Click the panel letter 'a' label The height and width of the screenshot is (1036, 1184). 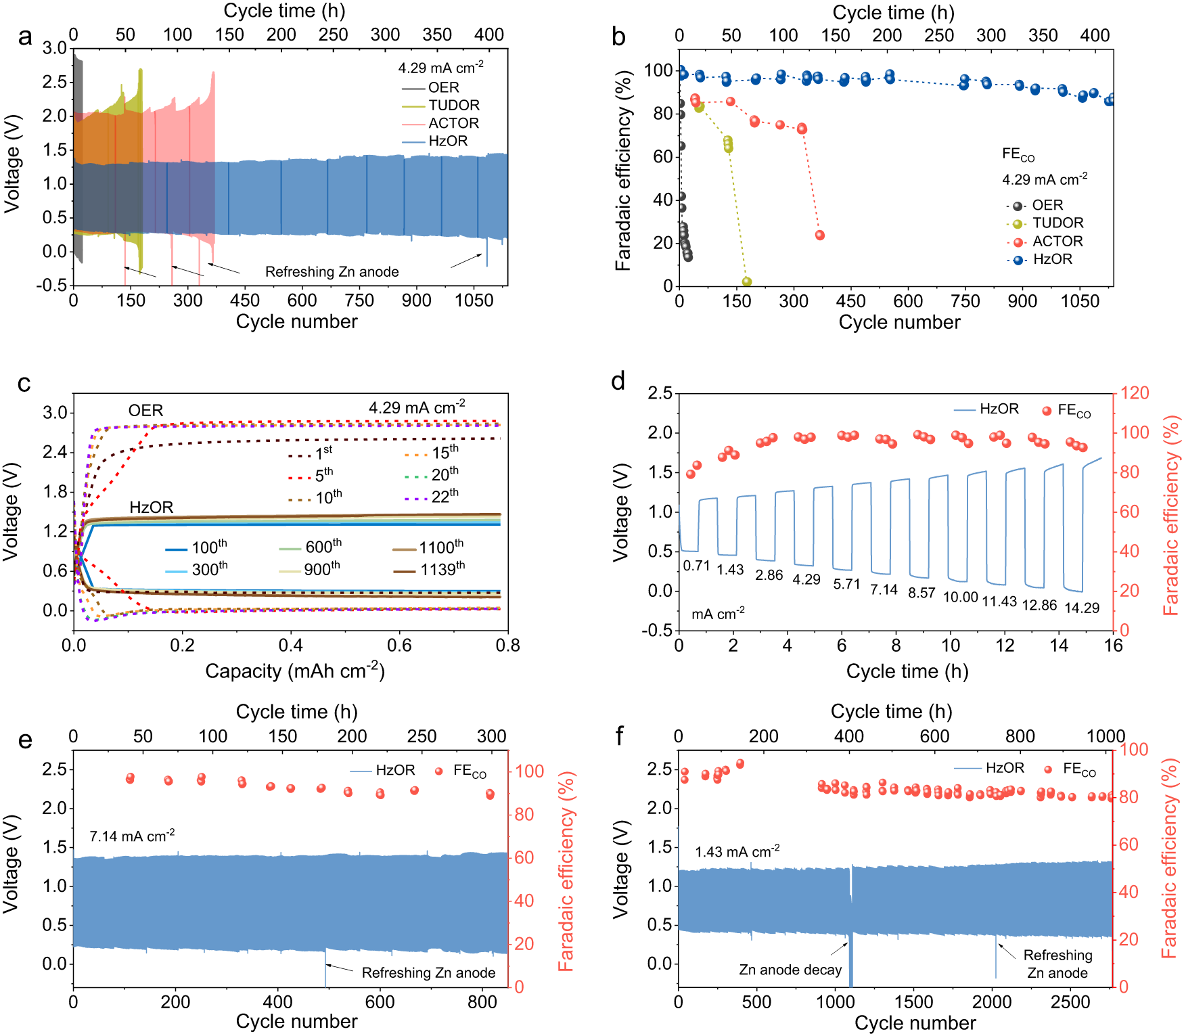(x=25, y=38)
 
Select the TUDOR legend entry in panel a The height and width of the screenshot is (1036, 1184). (x=453, y=106)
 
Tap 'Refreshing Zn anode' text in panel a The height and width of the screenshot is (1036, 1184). (x=332, y=272)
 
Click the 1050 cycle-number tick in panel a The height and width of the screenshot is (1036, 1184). (x=474, y=300)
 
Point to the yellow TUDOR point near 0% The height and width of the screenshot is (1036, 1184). (x=746, y=281)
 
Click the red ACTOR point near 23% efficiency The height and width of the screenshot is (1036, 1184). (x=819, y=235)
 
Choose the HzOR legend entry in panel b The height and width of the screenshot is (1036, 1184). (x=1052, y=259)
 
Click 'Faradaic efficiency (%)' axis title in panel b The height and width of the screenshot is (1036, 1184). (x=622, y=173)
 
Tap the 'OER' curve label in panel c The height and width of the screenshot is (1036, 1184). (x=145, y=411)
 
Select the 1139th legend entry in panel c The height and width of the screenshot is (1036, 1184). (x=442, y=570)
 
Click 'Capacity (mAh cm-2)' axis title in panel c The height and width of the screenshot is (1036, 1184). (x=295, y=671)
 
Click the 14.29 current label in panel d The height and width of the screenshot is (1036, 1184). (x=1081, y=608)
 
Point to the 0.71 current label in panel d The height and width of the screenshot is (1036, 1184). (x=696, y=566)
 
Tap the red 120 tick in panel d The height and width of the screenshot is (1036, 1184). (x=1135, y=393)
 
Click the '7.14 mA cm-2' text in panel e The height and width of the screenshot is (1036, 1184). (x=132, y=836)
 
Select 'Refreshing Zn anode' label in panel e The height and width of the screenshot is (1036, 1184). (x=428, y=973)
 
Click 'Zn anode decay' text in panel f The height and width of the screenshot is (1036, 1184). (x=790, y=970)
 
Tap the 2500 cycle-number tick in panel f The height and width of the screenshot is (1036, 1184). (x=1070, y=1002)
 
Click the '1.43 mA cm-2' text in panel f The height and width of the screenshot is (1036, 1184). (x=737, y=852)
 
